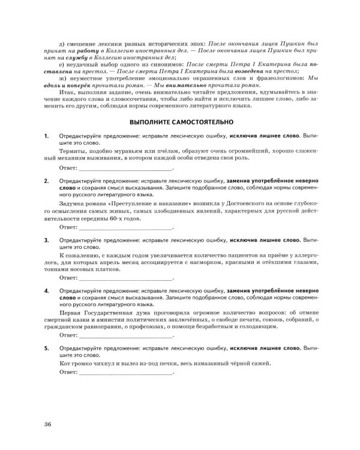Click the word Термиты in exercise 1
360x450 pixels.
[74, 154]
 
